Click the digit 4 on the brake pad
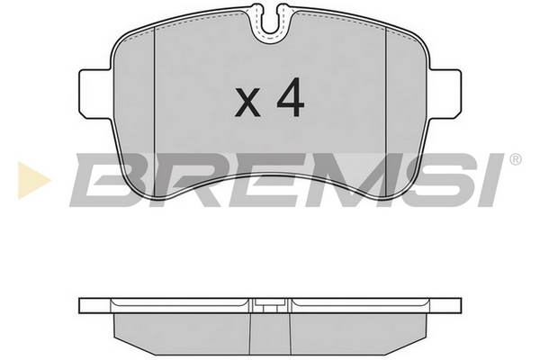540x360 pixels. (291, 97)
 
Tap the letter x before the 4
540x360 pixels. (247, 102)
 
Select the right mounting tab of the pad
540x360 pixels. (445, 94)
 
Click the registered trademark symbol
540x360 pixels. (515, 159)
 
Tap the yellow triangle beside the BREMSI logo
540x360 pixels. (34, 180)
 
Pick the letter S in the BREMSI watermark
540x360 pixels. (443, 180)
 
